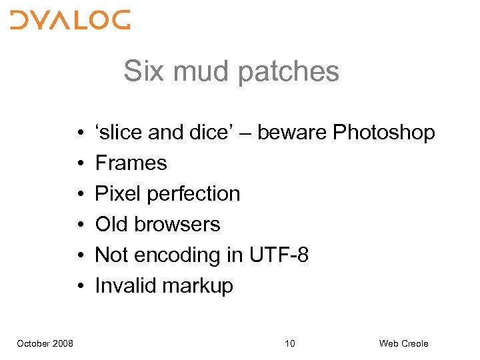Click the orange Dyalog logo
click(x=70, y=20)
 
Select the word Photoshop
click(x=384, y=133)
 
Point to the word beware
click(x=292, y=133)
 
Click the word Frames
click(x=131, y=163)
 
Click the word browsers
click(x=179, y=225)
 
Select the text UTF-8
click(x=279, y=255)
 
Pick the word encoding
click(x=179, y=255)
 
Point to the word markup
click(x=197, y=286)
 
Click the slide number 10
click(x=289, y=343)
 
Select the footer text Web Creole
click(x=403, y=343)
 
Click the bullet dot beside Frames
click(x=79, y=164)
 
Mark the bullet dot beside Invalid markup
click(x=79, y=287)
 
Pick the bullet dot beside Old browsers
click(x=79, y=225)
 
